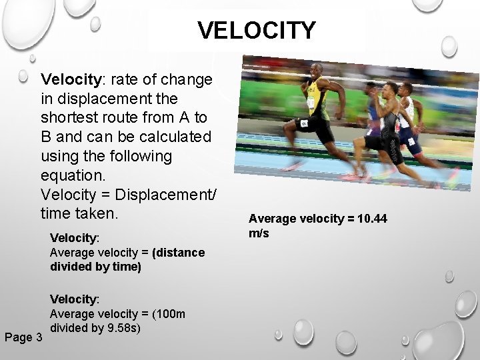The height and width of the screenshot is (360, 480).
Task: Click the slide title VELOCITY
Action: coord(257,30)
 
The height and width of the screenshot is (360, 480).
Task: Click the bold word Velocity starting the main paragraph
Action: coord(71,80)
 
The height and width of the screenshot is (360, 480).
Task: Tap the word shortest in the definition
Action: coord(73,117)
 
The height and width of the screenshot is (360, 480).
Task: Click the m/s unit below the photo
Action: coord(259,233)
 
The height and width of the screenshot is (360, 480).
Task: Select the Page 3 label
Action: coord(23,337)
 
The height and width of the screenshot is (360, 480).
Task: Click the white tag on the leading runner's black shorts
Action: coord(303,124)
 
